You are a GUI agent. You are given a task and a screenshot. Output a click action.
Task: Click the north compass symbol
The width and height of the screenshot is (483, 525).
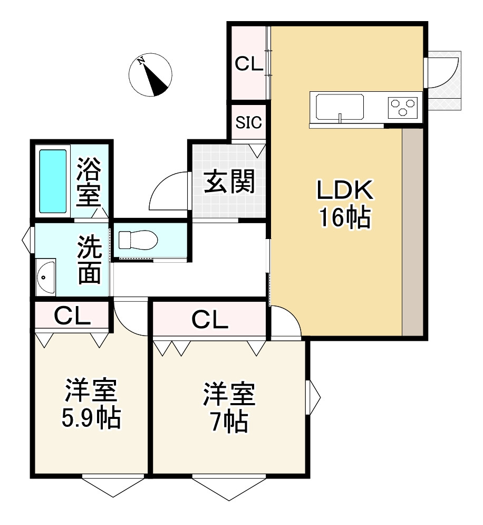150,75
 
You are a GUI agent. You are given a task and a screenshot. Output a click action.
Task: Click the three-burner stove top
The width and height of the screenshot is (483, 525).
404,107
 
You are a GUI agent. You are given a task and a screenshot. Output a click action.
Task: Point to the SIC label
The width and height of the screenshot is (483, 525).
248,123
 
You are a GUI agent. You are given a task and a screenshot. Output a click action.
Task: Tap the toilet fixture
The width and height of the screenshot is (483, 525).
138,241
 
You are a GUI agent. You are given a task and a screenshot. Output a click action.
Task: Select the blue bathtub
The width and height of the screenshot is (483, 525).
53,181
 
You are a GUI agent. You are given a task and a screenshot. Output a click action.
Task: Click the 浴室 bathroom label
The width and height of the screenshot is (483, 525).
89,182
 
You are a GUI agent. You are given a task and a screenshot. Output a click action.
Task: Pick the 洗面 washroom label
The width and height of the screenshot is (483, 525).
90,259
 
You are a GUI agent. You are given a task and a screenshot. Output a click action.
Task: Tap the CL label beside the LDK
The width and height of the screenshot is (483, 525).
248,64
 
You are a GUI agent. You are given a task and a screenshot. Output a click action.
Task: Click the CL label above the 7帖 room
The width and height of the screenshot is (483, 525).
209,319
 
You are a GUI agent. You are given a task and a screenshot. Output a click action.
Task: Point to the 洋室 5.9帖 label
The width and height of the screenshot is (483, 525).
91,404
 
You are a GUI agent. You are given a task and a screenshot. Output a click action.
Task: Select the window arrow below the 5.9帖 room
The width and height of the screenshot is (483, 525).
113,486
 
